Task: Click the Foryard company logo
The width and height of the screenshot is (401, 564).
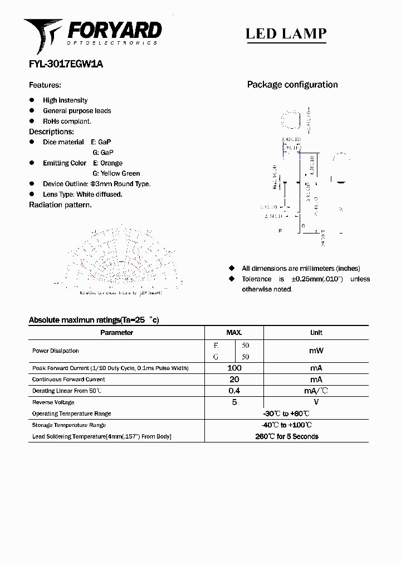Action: pyautogui.click(x=92, y=33)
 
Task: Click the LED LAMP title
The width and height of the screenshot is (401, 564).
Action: pyautogui.click(x=286, y=33)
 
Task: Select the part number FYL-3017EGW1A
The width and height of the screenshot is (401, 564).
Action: pyautogui.click(x=66, y=64)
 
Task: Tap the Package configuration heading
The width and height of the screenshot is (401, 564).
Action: pyautogui.click(x=292, y=85)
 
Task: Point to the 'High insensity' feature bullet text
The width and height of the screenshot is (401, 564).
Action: pyautogui.click(x=65, y=100)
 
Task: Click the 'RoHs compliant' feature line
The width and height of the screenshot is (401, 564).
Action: pyautogui.click(x=67, y=121)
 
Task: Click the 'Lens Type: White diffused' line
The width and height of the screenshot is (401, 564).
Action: pyautogui.click(x=82, y=195)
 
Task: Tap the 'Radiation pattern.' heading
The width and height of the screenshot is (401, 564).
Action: pyautogui.click(x=60, y=205)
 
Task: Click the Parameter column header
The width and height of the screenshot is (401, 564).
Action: pyautogui.click(x=116, y=333)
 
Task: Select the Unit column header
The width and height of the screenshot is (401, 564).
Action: pyautogui.click(x=316, y=333)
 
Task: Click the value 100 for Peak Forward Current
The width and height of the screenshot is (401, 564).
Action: pyautogui.click(x=234, y=368)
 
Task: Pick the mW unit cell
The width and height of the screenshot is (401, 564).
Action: pyautogui.click(x=316, y=351)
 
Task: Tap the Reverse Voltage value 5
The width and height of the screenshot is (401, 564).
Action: pyautogui.click(x=234, y=402)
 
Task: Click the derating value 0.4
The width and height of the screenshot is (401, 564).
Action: pyautogui.click(x=234, y=391)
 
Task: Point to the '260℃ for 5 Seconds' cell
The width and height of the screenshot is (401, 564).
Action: pyautogui.click(x=287, y=436)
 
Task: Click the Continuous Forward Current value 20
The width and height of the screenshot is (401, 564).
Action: pyautogui.click(x=234, y=379)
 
